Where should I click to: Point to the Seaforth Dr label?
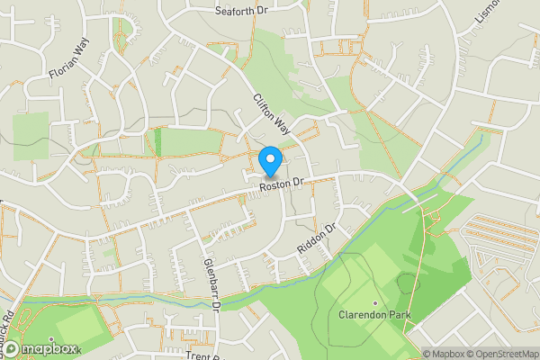[x=242, y=11]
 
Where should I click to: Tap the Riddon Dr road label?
[x=314, y=238]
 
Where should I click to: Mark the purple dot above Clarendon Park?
[x=375, y=302]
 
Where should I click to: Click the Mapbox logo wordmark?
[x=49, y=348]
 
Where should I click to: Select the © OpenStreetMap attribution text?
[x=500, y=354]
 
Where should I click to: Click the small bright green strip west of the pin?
[x=158, y=140]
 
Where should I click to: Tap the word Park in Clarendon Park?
[x=399, y=316]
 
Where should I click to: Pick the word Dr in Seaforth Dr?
[x=262, y=11]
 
